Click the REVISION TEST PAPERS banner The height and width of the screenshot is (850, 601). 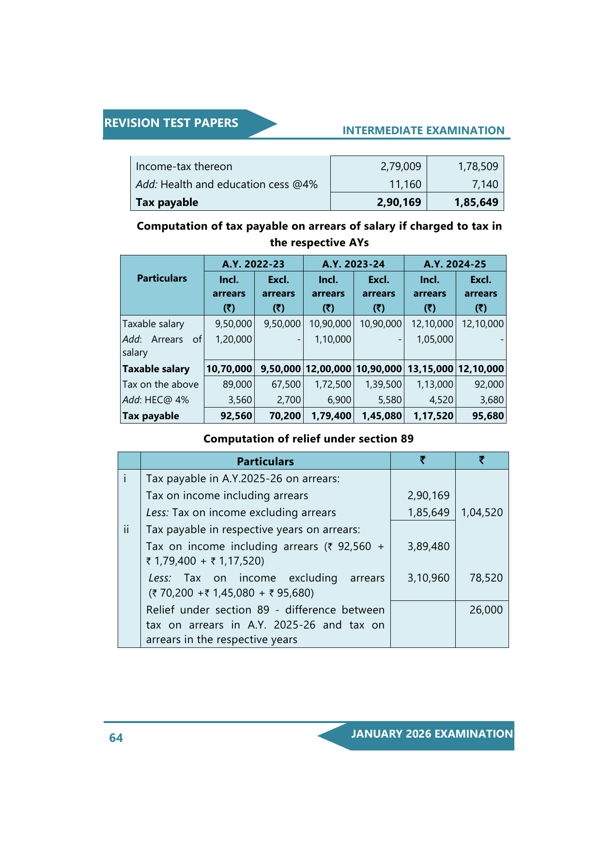[x=171, y=123]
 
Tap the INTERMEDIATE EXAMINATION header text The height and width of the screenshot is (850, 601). [x=423, y=130]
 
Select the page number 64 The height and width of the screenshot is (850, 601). [x=116, y=738]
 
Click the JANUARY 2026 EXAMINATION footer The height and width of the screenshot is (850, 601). [x=431, y=734]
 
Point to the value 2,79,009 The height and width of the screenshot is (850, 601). [x=401, y=166]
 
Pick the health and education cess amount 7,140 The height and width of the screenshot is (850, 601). [x=485, y=184]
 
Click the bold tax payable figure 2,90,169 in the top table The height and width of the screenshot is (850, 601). [x=399, y=202]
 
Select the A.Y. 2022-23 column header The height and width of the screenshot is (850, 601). [x=253, y=264]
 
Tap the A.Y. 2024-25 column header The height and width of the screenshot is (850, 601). [x=455, y=264]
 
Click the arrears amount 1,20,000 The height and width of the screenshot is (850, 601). [x=233, y=339]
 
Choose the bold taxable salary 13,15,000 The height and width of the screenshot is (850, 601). [x=430, y=369]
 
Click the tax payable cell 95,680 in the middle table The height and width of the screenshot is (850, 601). [x=487, y=416]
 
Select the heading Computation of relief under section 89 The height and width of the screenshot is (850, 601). [x=308, y=439]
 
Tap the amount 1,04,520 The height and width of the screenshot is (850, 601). [x=482, y=512]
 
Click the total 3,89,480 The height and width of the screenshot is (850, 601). [x=428, y=546]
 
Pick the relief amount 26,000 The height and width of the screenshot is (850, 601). [x=486, y=610]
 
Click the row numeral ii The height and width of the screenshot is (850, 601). [x=126, y=529]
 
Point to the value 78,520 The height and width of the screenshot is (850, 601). [x=486, y=578]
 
